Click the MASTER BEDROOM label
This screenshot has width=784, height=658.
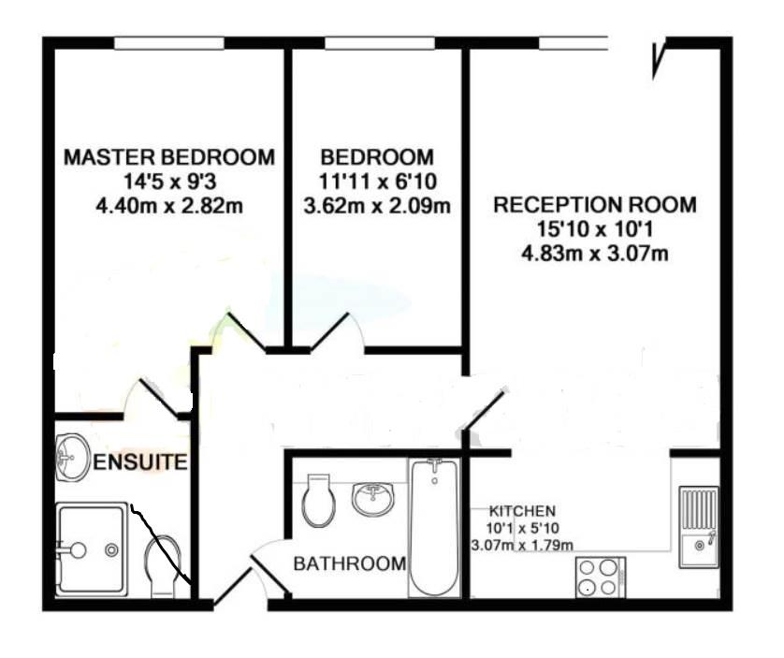(x=169, y=157)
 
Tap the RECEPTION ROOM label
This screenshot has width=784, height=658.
(x=595, y=205)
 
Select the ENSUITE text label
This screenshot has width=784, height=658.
(x=140, y=461)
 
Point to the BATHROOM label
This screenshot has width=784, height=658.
(x=350, y=563)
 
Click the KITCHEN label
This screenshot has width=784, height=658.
(x=522, y=511)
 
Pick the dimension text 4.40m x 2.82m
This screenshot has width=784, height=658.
(x=169, y=206)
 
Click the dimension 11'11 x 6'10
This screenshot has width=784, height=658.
(x=378, y=182)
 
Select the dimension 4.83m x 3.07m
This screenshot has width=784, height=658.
(x=595, y=254)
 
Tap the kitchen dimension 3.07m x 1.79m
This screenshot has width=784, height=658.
(x=522, y=545)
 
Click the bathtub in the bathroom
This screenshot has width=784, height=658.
(x=434, y=528)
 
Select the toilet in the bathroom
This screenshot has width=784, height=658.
(x=318, y=501)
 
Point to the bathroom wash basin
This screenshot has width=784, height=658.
(x=373, y=498)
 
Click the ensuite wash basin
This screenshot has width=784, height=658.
(x=72, y=458)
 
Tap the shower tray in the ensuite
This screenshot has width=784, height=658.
(x=92, y=550)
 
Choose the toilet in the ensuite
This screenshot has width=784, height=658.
(x=163, y=566)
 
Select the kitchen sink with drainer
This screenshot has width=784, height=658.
(x=699, y=527)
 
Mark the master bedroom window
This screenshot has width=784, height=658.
(x=169, y=43)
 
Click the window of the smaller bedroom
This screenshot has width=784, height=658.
(x=380, y=43)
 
